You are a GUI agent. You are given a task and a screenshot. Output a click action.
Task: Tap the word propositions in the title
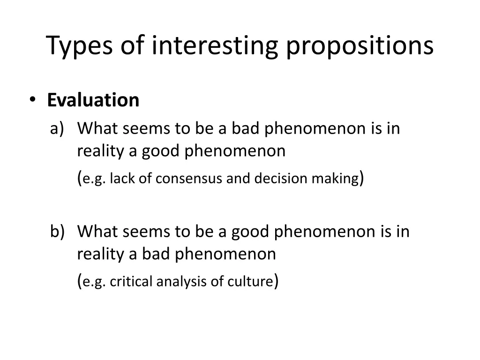[x=360, y=46]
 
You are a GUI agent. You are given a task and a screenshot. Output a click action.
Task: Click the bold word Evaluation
[x=93, y=100]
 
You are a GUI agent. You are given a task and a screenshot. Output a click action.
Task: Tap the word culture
[x=249, y=282]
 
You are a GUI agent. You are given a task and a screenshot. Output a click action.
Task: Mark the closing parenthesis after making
[x=361, y=178]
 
